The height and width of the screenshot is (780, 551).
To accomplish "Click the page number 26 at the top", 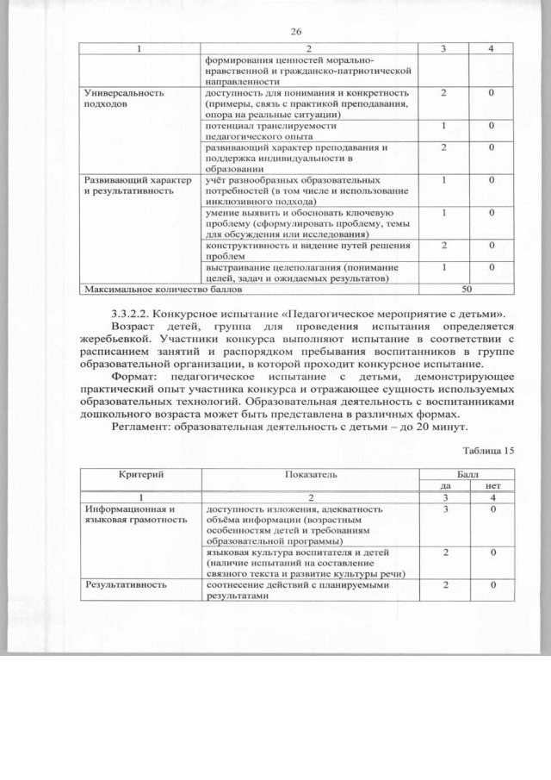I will (x=295, y=31).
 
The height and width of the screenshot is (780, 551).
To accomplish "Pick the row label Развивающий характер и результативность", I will (x=132, y=187).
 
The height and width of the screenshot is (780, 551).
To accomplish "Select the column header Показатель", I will (x=309, y=475).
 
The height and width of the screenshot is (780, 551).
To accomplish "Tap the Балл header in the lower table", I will (x=467, y=475).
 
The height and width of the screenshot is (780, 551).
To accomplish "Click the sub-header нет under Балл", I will (x=492, y=486).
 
